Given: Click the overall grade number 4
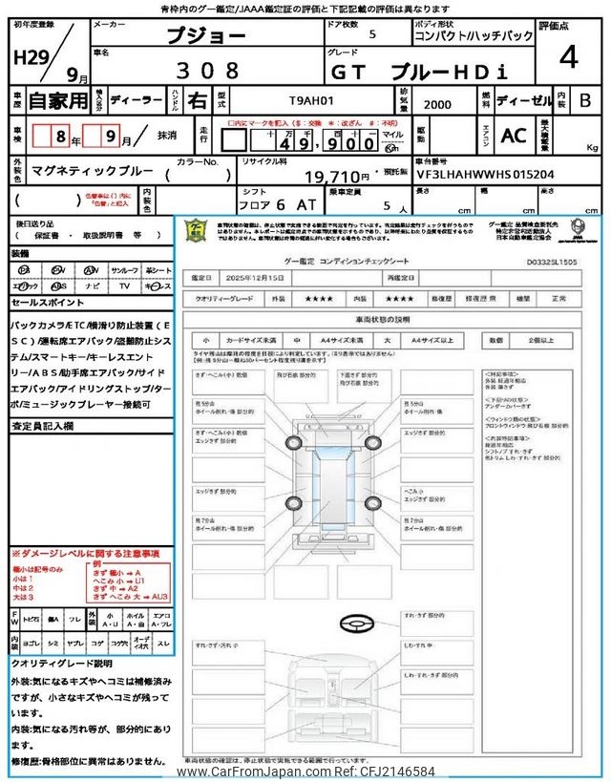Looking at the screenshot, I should tap(568, 57).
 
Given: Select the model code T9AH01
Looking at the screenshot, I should tap(312, 98).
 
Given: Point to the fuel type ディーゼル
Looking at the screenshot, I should tap(522, 99).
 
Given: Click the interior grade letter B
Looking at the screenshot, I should tap(585, 99).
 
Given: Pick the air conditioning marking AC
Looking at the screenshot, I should tap(514, 136).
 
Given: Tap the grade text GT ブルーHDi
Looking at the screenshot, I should tap(418, 71).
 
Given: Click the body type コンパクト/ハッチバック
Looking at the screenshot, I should tap(474, 36).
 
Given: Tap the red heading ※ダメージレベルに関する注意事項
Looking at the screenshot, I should tap(85, 554).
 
